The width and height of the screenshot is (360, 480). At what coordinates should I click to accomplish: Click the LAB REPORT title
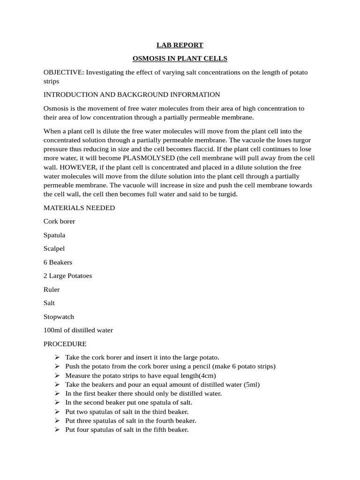pyautogui.click(x=180, y=45)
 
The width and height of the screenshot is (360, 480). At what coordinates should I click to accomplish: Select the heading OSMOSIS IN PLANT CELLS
pyautogui.click(x=180, y=59)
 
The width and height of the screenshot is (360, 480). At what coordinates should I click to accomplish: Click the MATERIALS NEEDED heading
pyautogui.click(x=79, y=208)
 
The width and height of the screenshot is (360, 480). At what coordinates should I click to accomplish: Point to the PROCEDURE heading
pyautogui.click(x=65, y=344)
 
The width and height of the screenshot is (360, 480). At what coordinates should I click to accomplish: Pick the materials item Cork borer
pyautogui.click(x=59, y=221)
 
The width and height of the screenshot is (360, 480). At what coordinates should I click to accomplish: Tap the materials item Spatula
pyautogui.click(x=54, y=235)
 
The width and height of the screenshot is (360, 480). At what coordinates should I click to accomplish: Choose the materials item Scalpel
pyautogui.click(x=54, y=248)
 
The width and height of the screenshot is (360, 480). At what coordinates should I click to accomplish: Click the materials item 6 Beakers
pyautogui.click(x=58, y=262)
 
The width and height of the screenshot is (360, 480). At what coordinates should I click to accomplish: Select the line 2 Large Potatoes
pyautogui.click(x=67, y=276)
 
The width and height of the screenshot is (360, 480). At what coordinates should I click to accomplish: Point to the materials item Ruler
pyautogui.click(x=52, y=289)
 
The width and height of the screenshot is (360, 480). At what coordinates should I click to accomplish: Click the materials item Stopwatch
pyautogui.click(x=59, y=316)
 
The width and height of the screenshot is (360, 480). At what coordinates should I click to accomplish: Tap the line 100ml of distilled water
pyautogui.click(x=78, y=330)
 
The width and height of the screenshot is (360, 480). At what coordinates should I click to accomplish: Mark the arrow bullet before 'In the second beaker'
pyautogui.click(x=57, y=402)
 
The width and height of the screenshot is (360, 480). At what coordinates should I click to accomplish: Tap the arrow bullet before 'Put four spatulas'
pyautogui.click(x=57, y=429)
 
